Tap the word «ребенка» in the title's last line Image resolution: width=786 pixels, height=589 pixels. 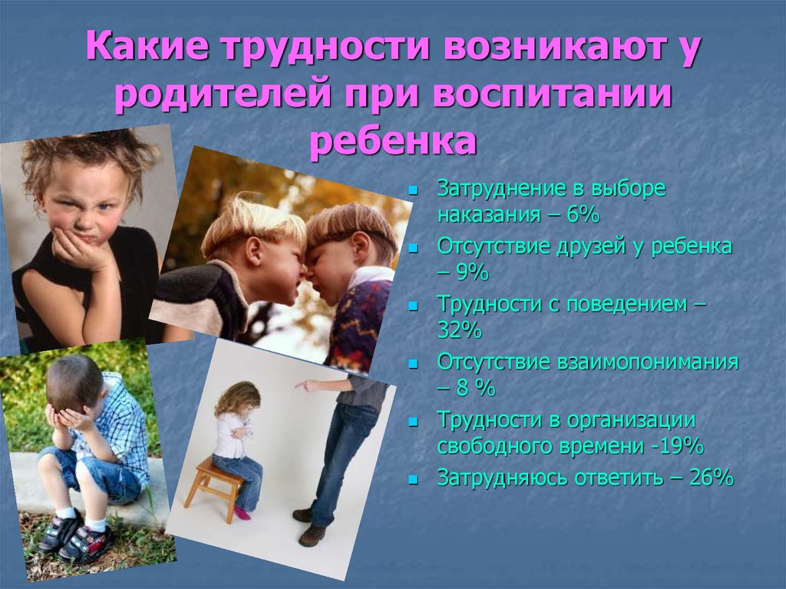click(x=393, y=141)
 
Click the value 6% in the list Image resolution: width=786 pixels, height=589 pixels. click(x=583, y=215)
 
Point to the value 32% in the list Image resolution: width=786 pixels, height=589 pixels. click(x=459, y=330)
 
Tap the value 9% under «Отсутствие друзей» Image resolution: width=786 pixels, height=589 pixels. click(x=472, y=273)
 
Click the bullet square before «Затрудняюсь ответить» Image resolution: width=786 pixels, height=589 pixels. click(x=413, y=478)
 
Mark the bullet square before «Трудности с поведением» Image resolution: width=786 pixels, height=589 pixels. click(x=413, y=306)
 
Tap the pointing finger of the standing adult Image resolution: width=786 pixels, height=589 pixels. click(x=302, y=385)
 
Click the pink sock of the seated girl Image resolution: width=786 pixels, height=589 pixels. click(x=243, y=513)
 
